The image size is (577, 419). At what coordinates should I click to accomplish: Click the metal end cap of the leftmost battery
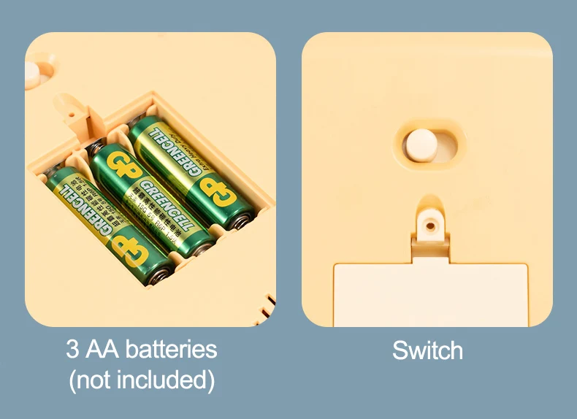pos(161,274)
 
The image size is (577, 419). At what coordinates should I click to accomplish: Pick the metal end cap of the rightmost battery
pos(242,218)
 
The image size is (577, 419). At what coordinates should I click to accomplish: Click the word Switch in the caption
pos(427,350)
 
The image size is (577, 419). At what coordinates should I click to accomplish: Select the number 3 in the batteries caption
pos(73,349)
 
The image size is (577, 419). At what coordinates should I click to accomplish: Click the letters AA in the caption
pos(102,349)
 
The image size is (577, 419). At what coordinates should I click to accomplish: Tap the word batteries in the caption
pos(171,349)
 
